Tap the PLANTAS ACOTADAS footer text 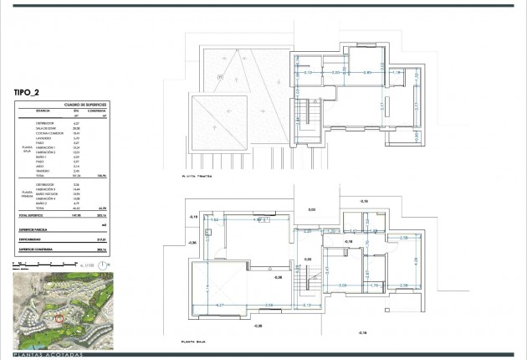coord(50,354)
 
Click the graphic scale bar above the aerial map coord(38,265)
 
